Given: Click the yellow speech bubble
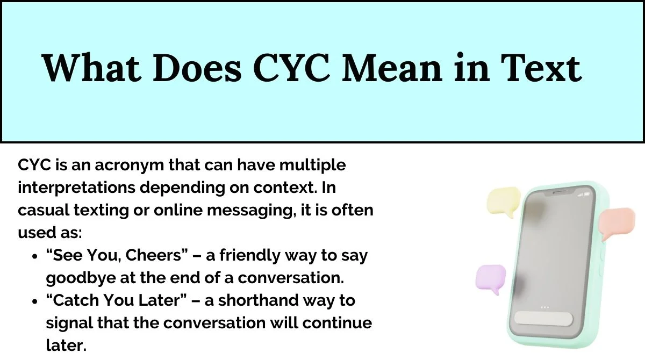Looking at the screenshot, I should click(503, 200).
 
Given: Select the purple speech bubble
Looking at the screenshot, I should click(491, 278).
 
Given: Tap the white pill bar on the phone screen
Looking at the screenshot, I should click(544, 318).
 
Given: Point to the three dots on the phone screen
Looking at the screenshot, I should click(544, 307).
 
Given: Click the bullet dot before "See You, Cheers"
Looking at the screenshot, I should click(35, 256).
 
